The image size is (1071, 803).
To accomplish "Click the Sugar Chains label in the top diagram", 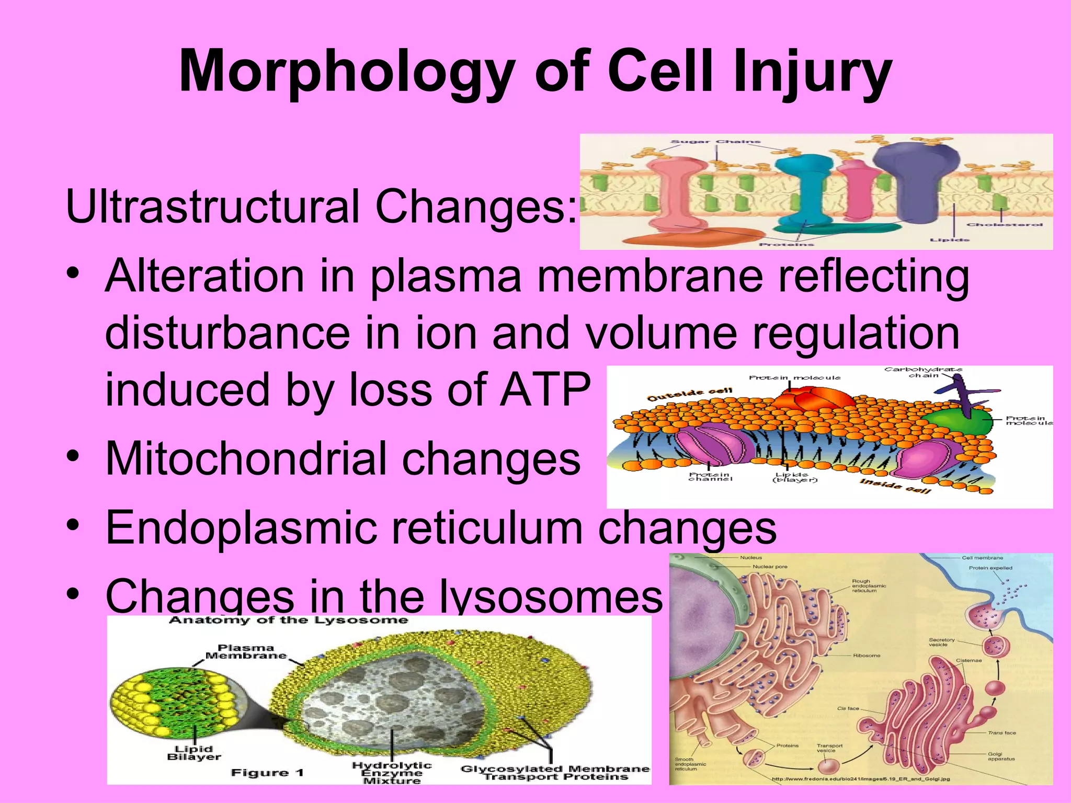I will tap(715, 142).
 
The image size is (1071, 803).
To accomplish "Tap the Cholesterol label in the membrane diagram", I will tap(1004, 225).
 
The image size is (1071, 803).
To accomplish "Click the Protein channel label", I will tap(710, 477).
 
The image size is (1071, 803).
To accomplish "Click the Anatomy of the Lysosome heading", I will tap(288, 621).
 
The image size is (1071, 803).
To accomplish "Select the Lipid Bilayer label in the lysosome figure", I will tap(194, 753).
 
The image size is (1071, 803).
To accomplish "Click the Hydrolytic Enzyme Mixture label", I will tap(392, 773).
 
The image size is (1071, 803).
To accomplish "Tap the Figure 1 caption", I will tap(267, 773).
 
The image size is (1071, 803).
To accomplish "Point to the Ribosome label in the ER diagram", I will tap(867, 656).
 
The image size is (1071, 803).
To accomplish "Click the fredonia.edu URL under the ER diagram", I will tap(860, 779).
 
